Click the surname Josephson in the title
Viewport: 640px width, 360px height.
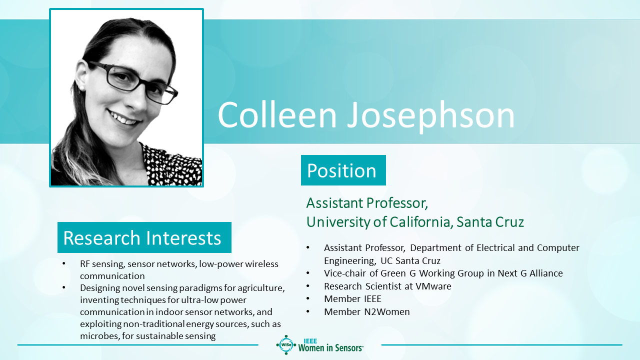431,115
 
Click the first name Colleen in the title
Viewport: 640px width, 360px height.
277,114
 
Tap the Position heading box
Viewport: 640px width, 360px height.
343,170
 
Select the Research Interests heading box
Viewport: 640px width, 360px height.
144,237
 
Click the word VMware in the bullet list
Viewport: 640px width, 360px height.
433,286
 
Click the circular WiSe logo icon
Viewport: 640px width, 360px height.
286,345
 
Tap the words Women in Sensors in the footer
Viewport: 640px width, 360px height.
330,348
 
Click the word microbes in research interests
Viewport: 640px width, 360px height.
99,335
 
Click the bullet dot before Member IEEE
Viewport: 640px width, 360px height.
308,298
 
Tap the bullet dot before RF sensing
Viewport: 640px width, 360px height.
64,263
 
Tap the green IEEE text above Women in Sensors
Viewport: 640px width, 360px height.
310,341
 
